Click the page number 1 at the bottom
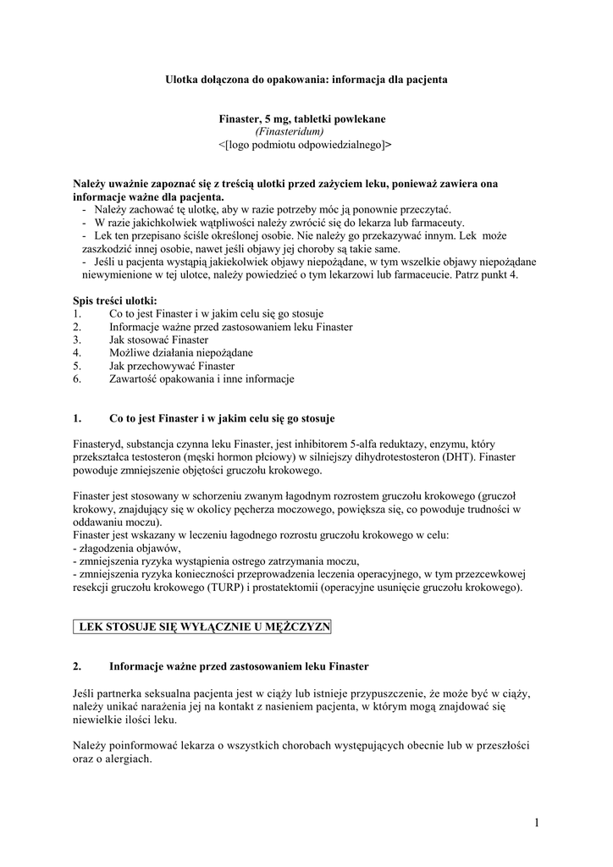(x=537, y=822)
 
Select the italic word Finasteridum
(x=289, y=132)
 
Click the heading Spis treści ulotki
(x=115, y=301)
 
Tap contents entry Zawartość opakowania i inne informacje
(x=202, y=379)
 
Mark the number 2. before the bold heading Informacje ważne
(x=78, y=666)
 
